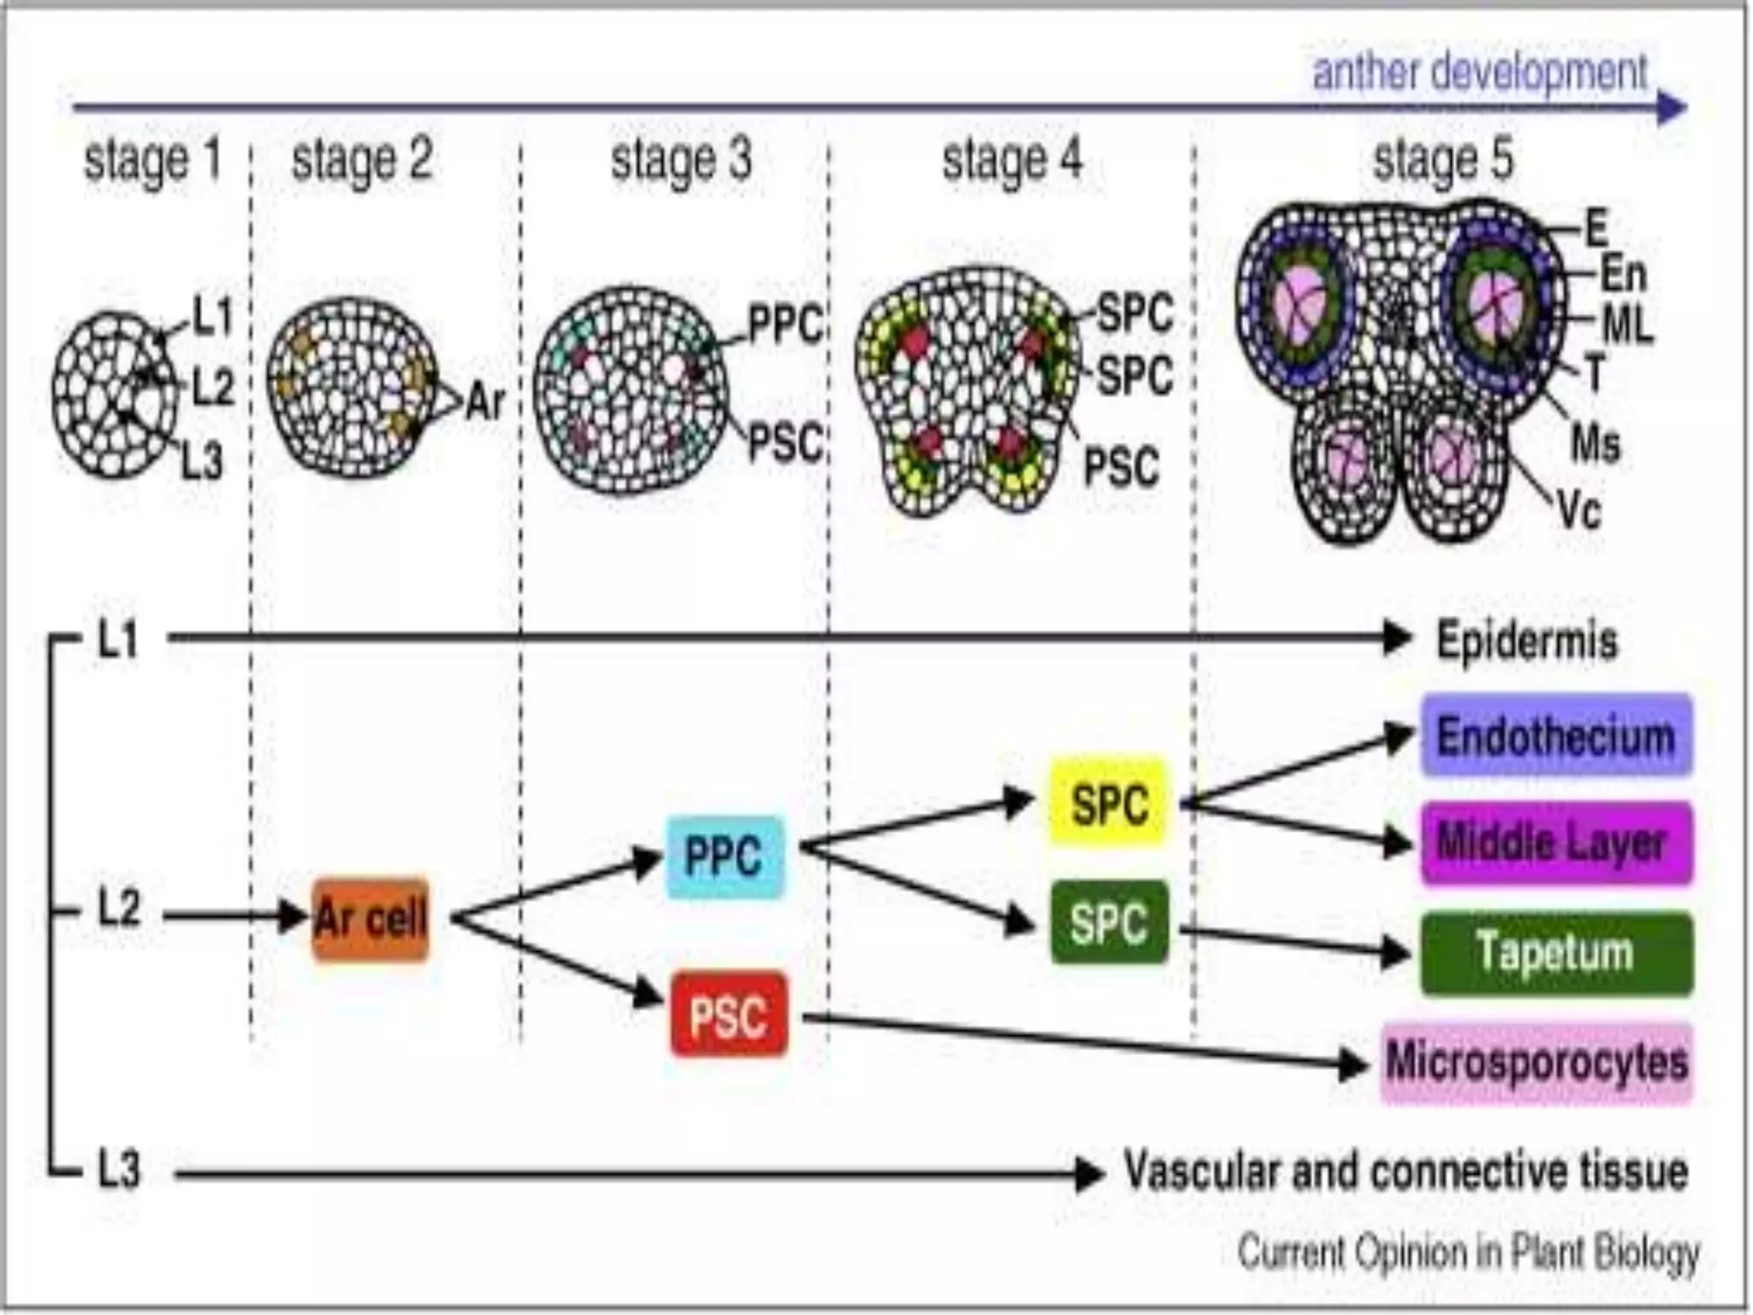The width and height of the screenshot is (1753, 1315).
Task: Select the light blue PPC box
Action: (724, 856)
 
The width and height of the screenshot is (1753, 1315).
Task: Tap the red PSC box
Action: (728, 1015)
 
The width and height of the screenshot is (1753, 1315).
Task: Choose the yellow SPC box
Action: (1109, 803)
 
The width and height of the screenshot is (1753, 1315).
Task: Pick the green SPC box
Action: (1109, 922)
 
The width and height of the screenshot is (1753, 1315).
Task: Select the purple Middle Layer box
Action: (1556, 842)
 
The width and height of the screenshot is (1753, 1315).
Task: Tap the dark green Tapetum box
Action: (1556, 953)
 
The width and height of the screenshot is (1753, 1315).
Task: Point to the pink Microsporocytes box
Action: (1537, 1062)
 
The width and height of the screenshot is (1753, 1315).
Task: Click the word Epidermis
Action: (1527, 640)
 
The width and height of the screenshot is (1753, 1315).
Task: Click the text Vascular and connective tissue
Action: (1405, 1170)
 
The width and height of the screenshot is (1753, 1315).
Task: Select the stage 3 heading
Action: (680, 160)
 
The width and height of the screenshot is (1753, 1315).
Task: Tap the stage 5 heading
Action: (1443, 160)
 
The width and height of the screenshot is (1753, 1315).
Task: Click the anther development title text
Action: (1479, 72)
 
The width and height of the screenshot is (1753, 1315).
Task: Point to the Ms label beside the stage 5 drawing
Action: (1596, 443)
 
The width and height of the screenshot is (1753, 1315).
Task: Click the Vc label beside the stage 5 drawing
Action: (1578, 511)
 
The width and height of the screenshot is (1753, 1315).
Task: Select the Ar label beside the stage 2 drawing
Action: (485, 401)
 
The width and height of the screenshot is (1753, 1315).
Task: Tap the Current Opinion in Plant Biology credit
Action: (1469, 1253)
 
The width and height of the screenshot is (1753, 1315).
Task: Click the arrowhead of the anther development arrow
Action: (1671, 108)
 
